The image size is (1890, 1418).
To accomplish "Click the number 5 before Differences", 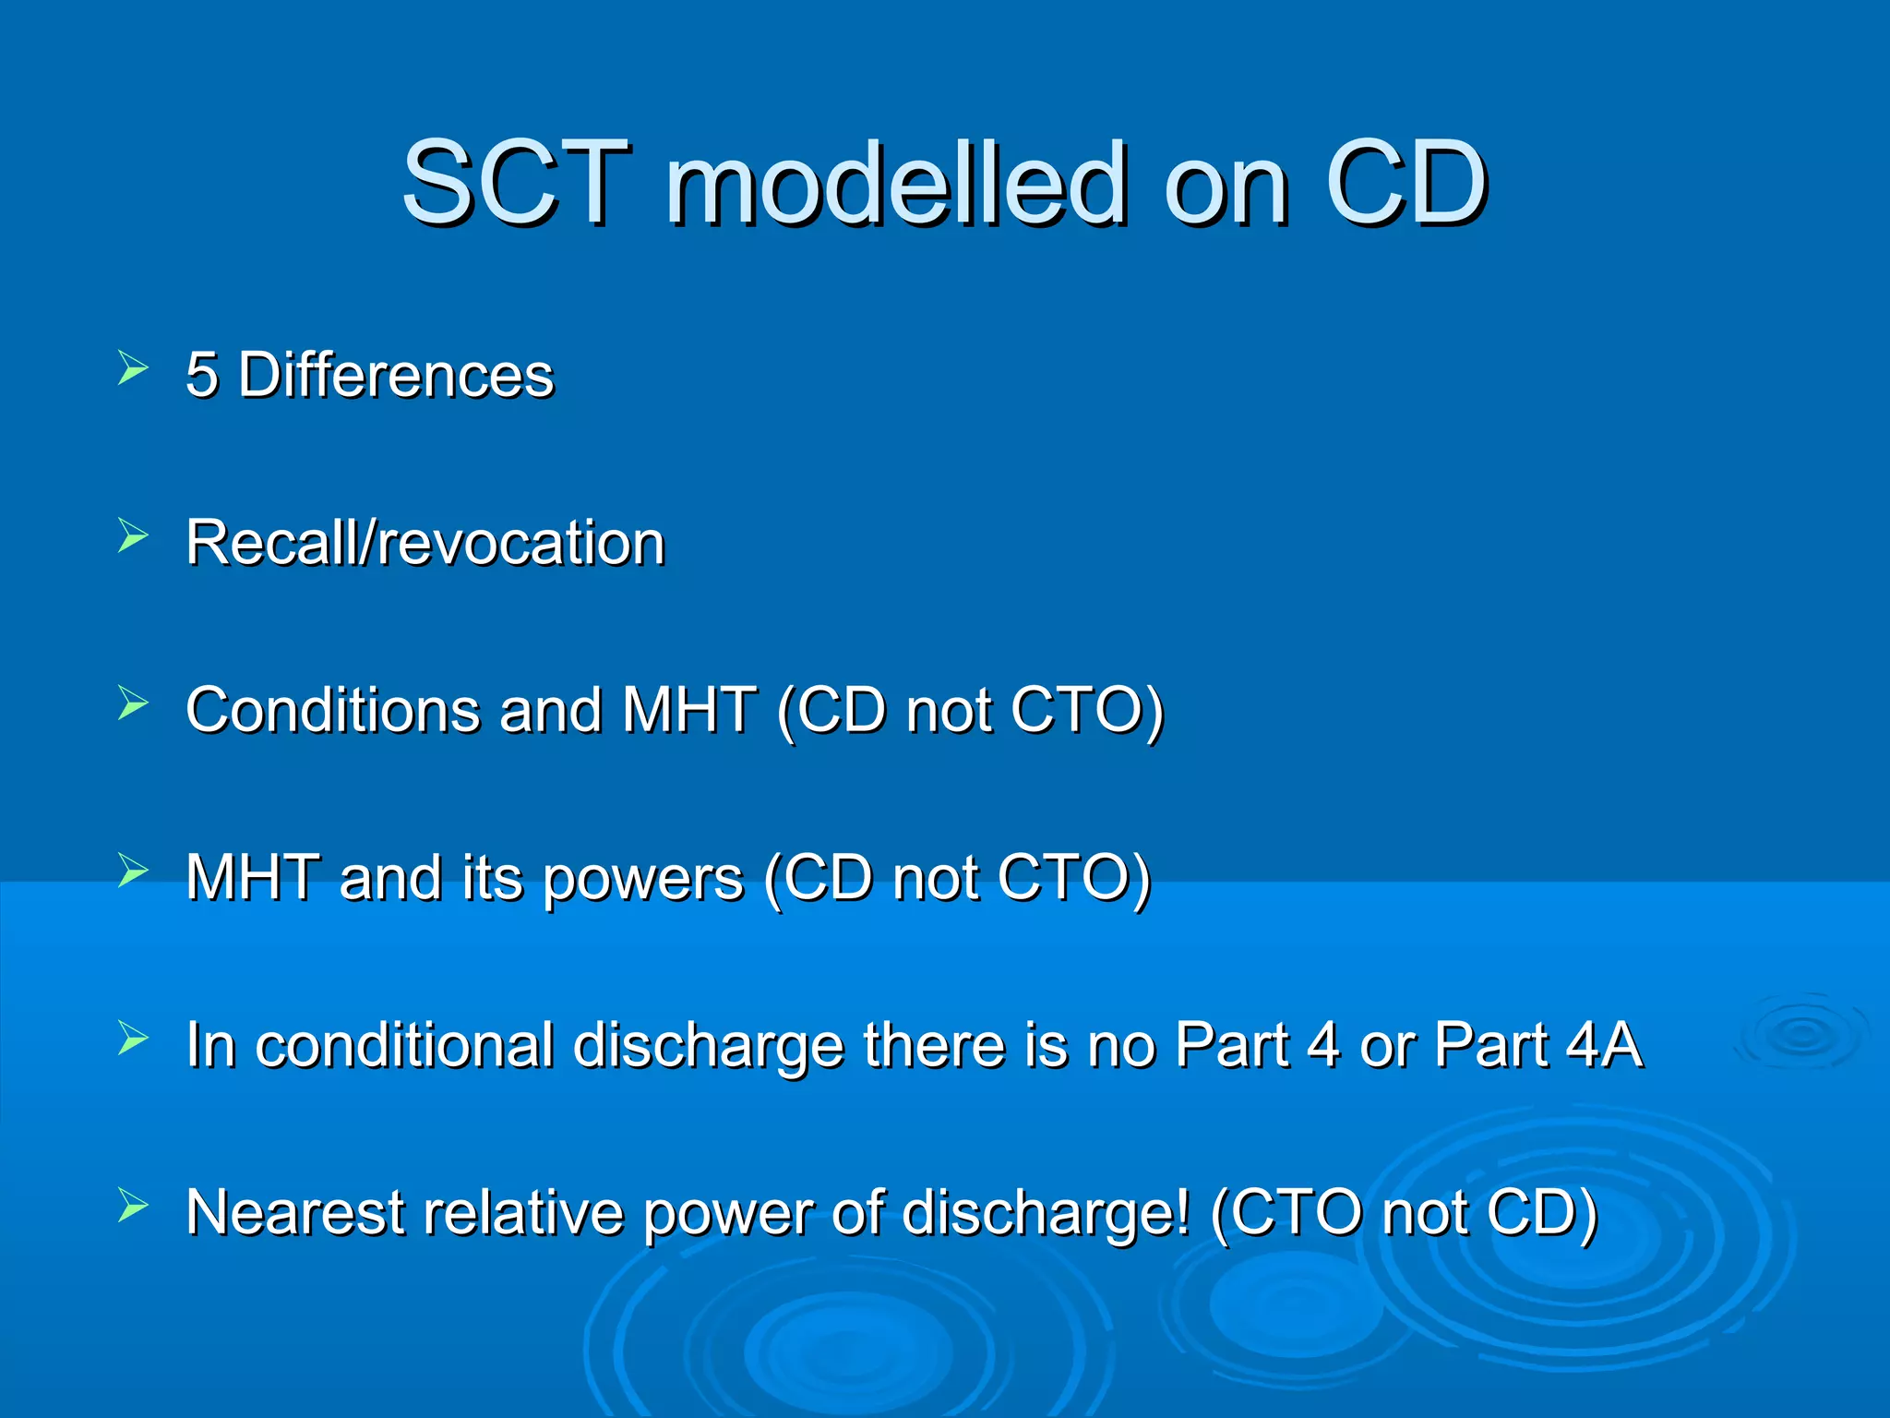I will click(202, 376).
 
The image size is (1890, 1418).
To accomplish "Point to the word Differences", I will click(396, 376).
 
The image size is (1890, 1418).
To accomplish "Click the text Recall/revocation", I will click(425, 543).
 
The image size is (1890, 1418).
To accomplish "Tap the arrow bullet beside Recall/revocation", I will click(133, 535).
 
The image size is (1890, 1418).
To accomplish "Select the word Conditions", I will click(332, 710).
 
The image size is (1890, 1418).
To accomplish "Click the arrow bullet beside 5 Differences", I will click(133, 368).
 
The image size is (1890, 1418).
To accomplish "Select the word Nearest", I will click(294, 1213).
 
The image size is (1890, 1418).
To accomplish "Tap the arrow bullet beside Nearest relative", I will click(133, 1206).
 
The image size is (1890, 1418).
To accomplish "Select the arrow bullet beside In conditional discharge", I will click(133, 1039).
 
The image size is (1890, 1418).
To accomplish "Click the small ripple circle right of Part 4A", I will click(1800, 1034).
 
